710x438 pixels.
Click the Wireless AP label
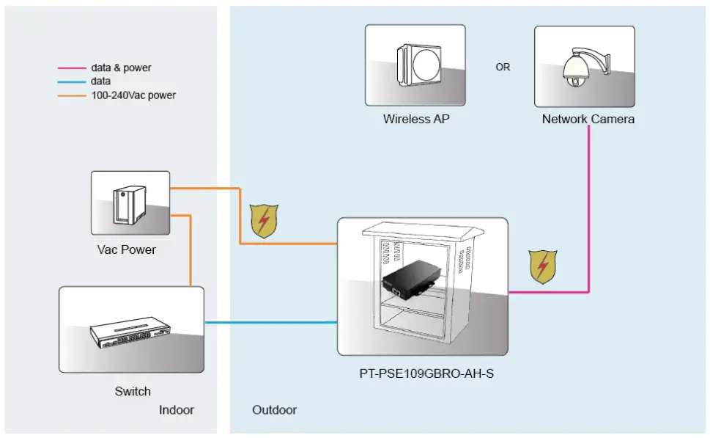tap(415, 119)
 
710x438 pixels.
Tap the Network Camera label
tap(588, 119)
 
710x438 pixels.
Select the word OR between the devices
tap(503, 67)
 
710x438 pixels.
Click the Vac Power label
tap(127, 249)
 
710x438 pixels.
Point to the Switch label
tap(133, 391)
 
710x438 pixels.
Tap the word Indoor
tap(177, 409)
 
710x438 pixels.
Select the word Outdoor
tap(275, 409)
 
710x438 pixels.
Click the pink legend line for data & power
tap(71, 68)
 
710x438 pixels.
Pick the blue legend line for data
tap(71, 81)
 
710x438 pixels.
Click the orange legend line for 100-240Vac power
tap(71, 95)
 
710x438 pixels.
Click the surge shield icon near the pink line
tap(543, 267)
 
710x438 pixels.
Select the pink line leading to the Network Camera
tap(589, 213)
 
